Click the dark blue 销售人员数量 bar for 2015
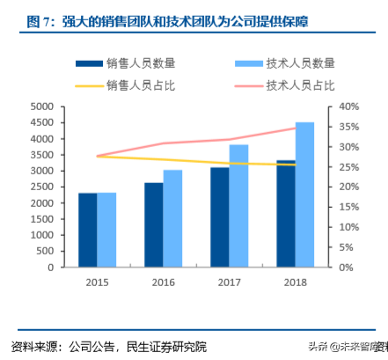88,230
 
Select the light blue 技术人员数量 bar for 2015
106,230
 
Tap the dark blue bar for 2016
153,224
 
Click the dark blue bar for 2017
219,217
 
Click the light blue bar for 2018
304,195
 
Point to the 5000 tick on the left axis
42,107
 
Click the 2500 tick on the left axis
42,187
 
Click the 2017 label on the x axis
229,282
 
